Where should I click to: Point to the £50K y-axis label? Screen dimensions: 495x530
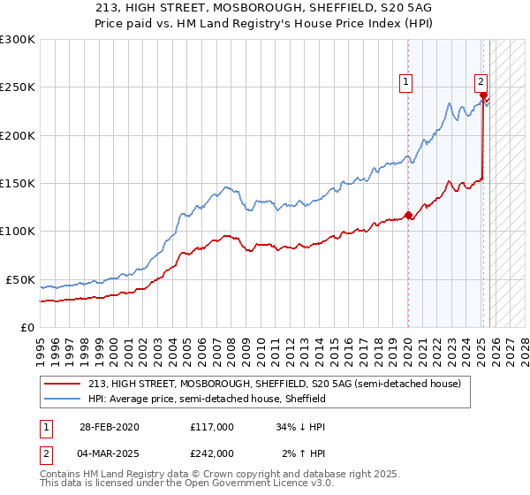click(19, 279)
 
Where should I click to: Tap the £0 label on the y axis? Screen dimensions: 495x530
click(26, 327)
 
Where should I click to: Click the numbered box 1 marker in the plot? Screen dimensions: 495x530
click(405, 82)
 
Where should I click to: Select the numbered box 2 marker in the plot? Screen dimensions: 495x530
click(481, 82)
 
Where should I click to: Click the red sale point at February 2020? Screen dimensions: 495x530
click(408, 215)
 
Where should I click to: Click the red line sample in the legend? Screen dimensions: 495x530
click(64, 385)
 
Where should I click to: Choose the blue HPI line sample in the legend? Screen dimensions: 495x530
click(64, 400)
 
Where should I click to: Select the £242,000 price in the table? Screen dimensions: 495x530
click(212, 453)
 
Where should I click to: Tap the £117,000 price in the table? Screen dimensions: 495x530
click(212, 426)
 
